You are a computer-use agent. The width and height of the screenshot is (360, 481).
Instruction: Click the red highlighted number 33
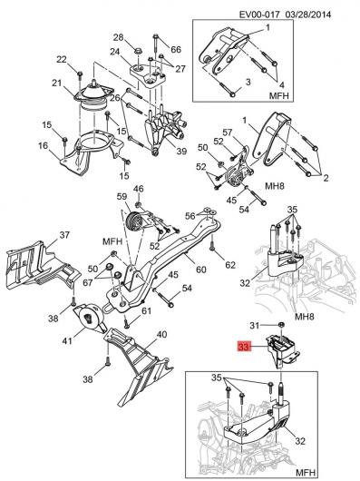point(244,347)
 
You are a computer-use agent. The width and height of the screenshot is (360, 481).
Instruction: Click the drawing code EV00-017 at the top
point(259,15)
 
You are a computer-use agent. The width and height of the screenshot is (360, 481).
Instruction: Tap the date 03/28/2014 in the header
point(308,15)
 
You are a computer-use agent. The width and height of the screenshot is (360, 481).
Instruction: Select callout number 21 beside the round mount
point(57,83)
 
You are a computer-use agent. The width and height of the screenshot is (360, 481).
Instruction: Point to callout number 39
point(181,151)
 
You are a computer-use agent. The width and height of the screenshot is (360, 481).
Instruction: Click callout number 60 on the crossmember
point(201,270)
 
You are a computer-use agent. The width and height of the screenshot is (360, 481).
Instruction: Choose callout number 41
point(67,340)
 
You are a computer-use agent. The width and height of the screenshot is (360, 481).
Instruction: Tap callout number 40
point(161,334)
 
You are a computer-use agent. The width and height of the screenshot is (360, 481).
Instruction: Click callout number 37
point(64,235)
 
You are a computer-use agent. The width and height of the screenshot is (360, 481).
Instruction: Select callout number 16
point(44,145)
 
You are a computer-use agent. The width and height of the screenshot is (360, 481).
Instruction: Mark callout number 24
point(114,52)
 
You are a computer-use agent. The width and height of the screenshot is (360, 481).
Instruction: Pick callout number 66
point(176,49)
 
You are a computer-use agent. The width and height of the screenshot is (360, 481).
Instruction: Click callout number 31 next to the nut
point(255,325)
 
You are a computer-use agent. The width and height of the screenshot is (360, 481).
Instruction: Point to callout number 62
point(230,264)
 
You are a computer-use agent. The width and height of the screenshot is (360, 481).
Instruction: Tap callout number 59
point(122,196)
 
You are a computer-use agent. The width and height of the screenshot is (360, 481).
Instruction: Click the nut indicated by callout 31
point(280,325)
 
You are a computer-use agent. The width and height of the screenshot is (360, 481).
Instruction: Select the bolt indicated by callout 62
point(211,244)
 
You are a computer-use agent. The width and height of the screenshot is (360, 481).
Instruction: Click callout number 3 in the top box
point(248,82)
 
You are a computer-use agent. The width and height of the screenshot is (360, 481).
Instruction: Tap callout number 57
point(228,133)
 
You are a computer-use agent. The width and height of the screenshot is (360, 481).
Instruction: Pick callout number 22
point(62,59)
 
